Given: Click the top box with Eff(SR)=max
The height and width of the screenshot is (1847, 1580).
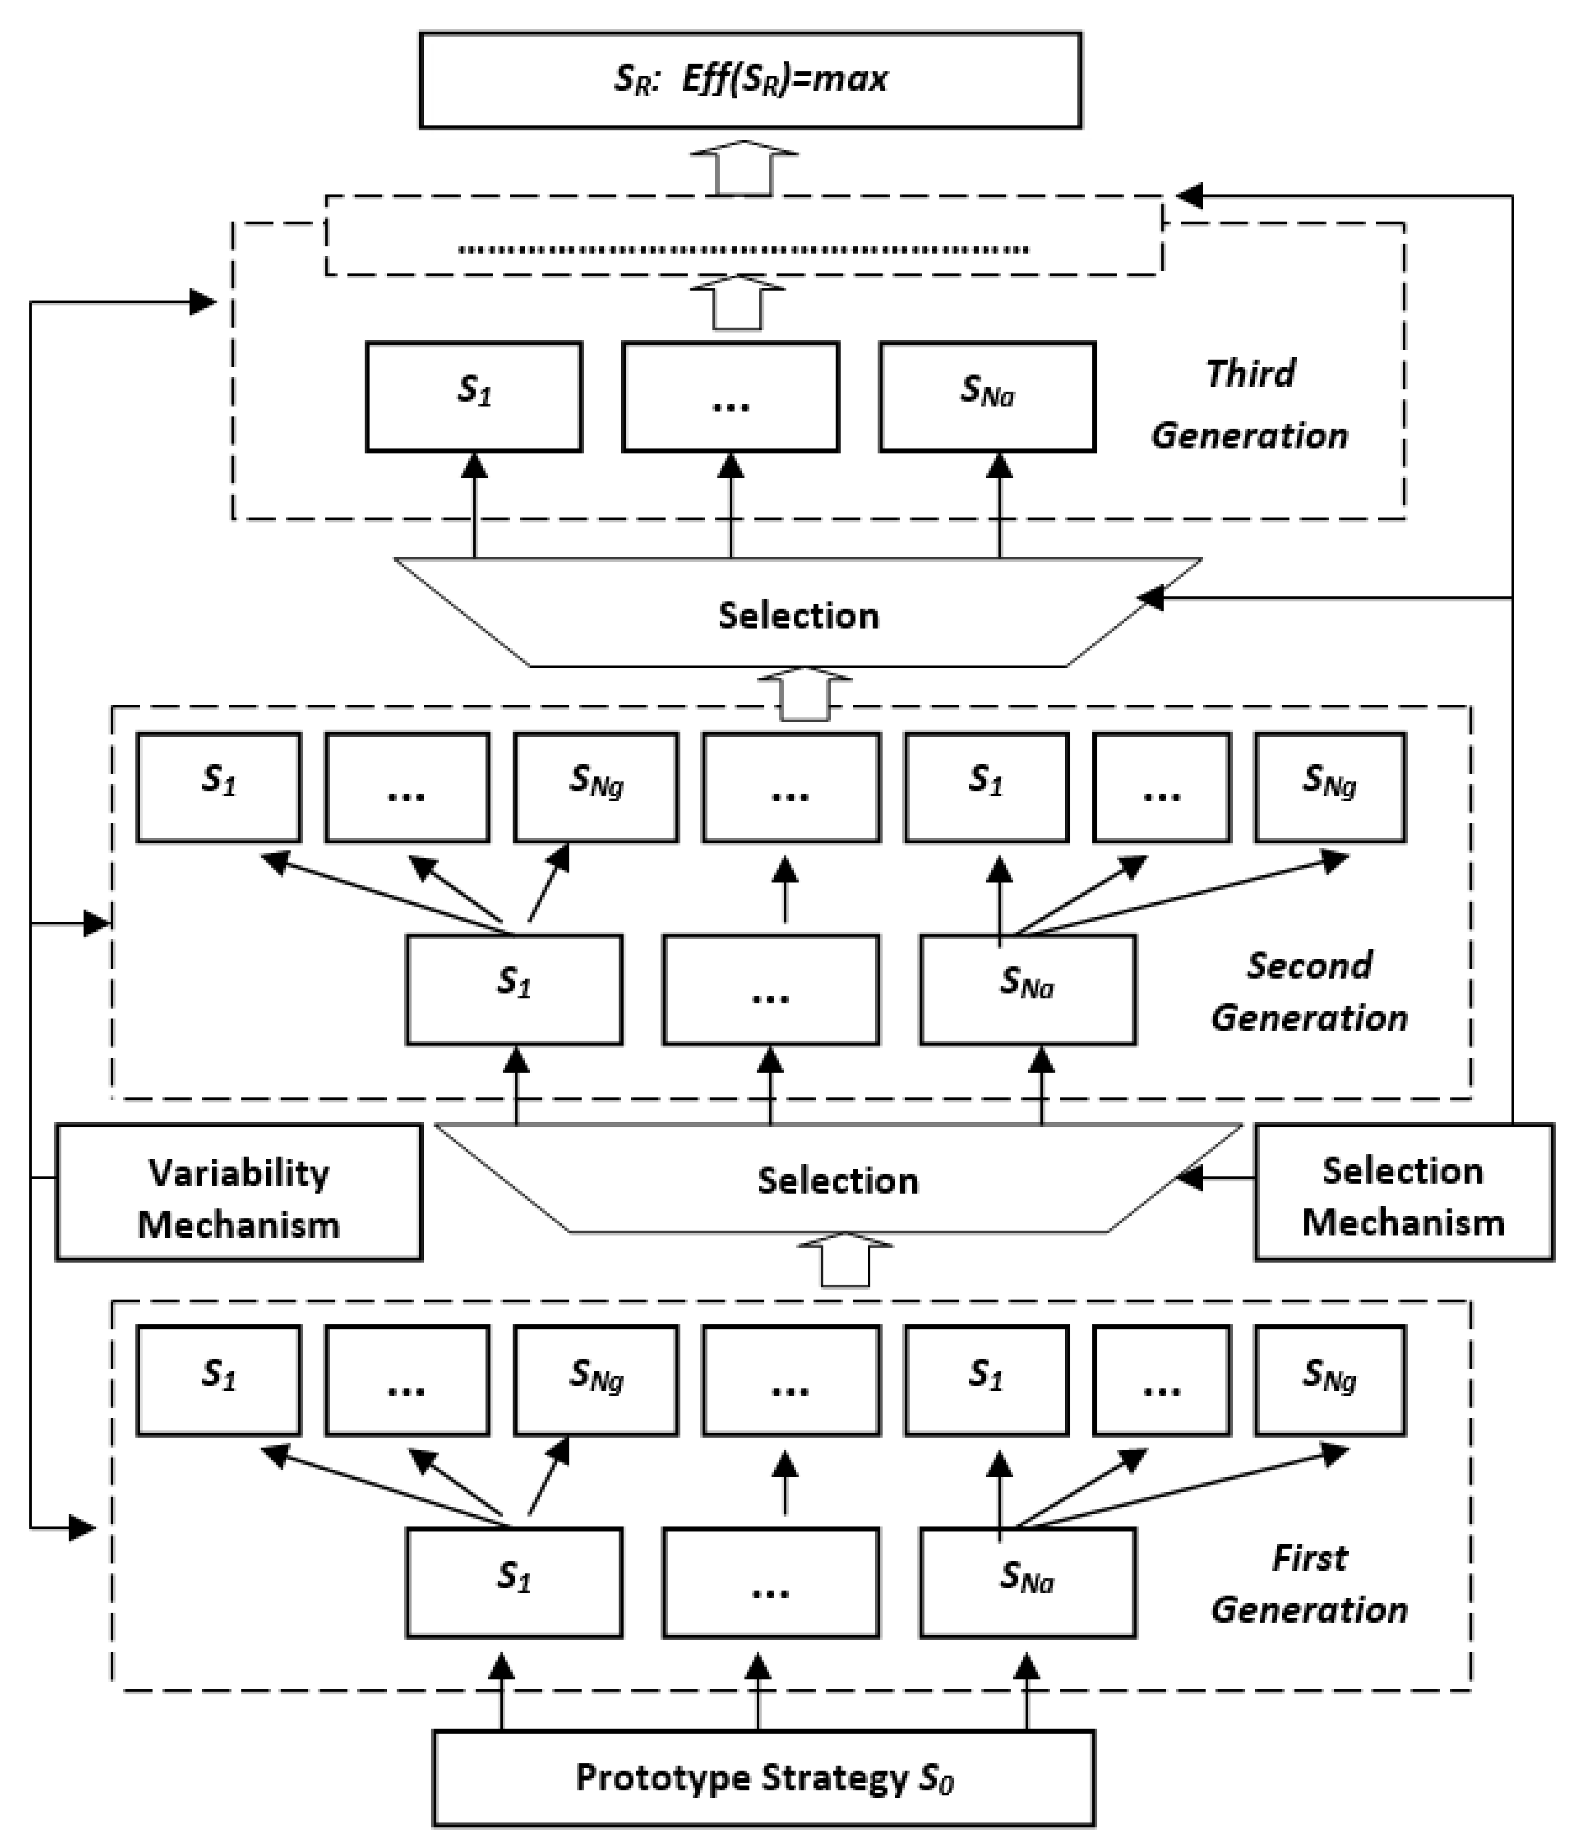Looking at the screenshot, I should click(x=750, y=80).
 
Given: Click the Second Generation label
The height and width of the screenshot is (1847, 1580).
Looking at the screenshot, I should click(x=1308, y=991).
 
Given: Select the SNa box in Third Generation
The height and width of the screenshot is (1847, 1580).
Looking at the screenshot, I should click(x=987, y=397).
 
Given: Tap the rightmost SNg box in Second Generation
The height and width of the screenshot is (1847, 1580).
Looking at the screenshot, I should click(x=1330, y=786).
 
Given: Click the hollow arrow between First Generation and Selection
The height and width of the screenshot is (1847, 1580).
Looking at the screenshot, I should click(x=844, y=1261).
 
